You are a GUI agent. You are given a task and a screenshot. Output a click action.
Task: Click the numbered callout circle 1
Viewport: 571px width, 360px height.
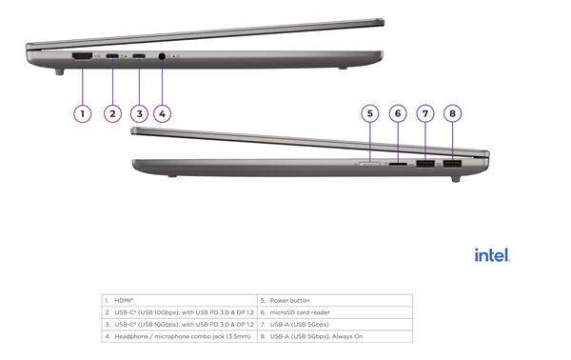[83, 114]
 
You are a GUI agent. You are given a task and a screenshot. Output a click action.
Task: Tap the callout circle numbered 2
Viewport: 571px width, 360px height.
[112, 114]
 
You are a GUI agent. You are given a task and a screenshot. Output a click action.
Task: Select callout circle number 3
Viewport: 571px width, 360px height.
[139, 114]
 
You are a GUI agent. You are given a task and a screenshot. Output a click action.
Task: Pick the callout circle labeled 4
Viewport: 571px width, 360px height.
[163, 114]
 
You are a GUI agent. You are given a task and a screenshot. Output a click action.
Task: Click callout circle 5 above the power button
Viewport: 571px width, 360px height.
[370, 113]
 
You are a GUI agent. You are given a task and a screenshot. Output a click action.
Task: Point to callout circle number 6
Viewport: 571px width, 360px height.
[399, 113]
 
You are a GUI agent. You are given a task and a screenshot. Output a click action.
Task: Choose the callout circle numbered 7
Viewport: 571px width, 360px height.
[425, 113]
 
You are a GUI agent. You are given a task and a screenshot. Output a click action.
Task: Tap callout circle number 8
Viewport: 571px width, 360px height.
[453, 113]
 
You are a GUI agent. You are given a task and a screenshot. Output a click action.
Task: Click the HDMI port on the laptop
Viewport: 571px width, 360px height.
[83, 59]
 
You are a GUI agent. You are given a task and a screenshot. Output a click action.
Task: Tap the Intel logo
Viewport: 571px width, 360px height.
[492, 255]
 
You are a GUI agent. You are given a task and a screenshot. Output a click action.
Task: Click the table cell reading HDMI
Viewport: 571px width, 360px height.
[179, 300]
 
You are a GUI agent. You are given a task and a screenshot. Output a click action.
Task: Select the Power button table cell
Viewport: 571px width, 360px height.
[335, 300]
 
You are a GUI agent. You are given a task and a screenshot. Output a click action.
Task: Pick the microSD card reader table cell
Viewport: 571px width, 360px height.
[335, 312]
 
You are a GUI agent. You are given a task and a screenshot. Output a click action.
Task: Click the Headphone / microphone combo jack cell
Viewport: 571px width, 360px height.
[179, 336]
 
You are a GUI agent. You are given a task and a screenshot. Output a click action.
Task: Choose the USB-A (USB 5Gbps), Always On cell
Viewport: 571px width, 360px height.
[335, 336]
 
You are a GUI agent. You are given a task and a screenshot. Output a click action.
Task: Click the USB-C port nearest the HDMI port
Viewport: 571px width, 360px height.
[113, 59]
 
